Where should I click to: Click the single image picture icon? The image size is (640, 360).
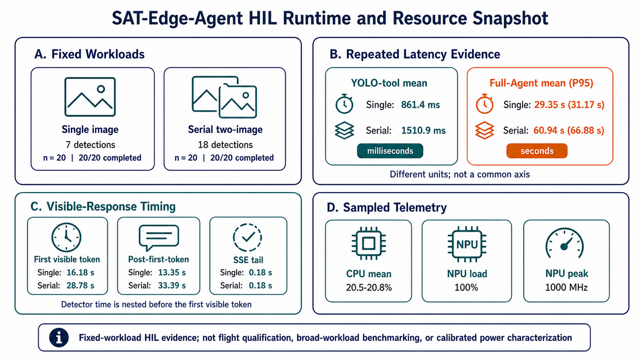pyautogui.click(x=90, y=97)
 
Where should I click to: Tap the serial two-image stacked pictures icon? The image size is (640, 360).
pyautogui.click(x=224, y=97)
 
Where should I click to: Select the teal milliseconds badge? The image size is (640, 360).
pyautogui.click(x=390, y=151)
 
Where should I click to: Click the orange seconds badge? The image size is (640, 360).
pyautogui.click(x=537, y=151)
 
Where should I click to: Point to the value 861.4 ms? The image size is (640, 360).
pyautogui.click(x=420, y=105)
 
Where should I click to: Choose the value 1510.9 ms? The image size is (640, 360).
pyautogui.click(x=423, y=130)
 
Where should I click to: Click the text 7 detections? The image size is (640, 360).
pyautogui.click(x=90, y=145)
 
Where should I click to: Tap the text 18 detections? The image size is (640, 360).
pyautogui.click(x=225, y=145)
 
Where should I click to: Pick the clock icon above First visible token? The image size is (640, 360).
pyautogui.click(x=66, y=237)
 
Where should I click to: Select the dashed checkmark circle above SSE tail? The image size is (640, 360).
pyautogui.click(x=247, y=237)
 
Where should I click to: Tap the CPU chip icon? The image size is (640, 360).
pyautogui.click(x=369, y=244)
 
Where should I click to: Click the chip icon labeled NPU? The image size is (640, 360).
pyautogui.click(x=467, y=244)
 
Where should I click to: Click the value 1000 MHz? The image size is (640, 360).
pyautogui.click(x=566, y=287)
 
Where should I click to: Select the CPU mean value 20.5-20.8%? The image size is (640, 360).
pyautogui.click(x=369, y=287)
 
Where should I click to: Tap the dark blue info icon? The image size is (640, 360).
pyautogui.click(x=59, y=337)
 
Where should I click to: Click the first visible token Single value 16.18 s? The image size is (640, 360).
pyautogui.click(x=80, y=273)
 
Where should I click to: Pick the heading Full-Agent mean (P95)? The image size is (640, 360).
pyautogui.click(x=541, y=83)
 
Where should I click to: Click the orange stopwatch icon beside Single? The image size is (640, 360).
pyautogui.click(x=485, y=104)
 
